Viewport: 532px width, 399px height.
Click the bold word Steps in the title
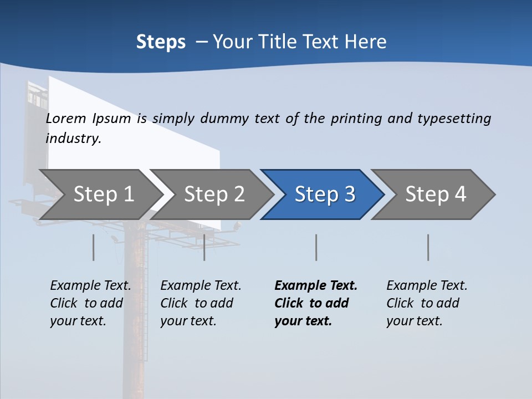point(161,42)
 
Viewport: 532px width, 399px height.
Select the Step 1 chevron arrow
point(100,194)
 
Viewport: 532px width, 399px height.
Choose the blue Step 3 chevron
point(323,194)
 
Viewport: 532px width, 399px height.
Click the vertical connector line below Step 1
point(94,247)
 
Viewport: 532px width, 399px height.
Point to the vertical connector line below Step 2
point(204,247)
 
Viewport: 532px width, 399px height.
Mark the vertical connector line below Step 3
point(316,247)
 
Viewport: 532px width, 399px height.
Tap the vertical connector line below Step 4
point(428,247)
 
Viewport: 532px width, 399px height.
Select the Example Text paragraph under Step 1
point(90,303)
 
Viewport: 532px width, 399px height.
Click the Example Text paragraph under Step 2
point(200,303)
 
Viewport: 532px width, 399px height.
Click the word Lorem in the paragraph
point(66,119)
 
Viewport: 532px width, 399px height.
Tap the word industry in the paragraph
point(73,139)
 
